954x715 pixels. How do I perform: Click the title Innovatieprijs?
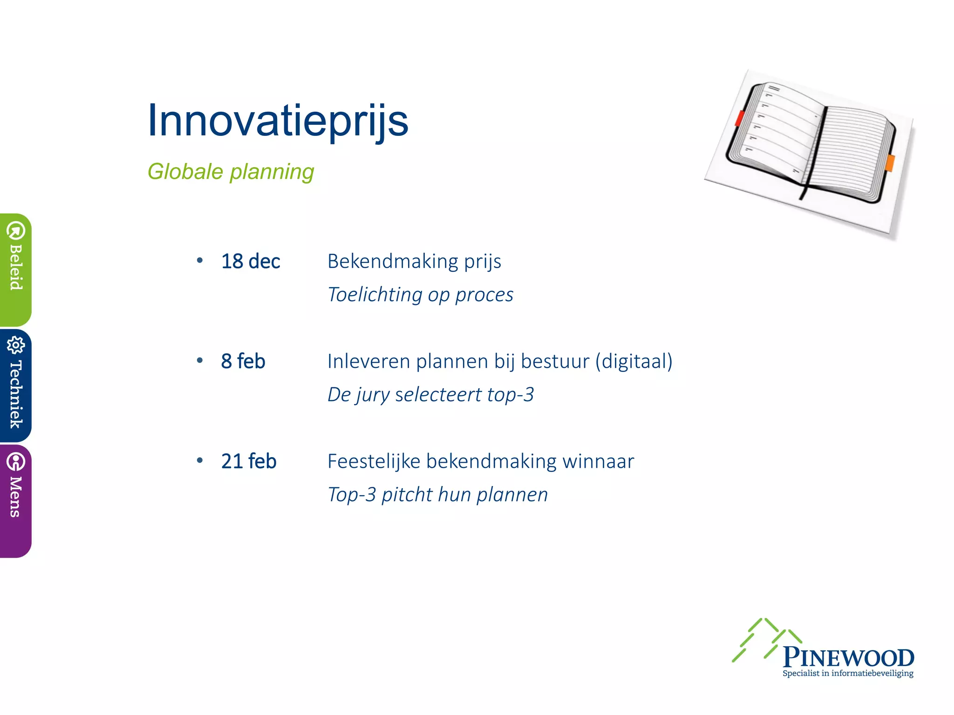278,121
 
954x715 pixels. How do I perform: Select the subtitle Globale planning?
231,172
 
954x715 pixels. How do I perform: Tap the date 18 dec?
251,262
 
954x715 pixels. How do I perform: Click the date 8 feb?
243,361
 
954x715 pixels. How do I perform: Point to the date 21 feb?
249,461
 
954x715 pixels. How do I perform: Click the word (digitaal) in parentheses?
634,362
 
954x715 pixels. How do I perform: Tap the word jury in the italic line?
373,395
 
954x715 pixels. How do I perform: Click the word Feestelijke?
374,461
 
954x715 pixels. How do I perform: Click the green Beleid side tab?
15,270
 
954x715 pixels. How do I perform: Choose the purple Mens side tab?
15,500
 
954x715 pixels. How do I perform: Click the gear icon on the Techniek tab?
15,345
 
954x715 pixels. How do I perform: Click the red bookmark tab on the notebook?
739,118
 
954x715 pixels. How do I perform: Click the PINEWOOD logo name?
848,658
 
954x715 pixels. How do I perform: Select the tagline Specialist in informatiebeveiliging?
848,674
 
